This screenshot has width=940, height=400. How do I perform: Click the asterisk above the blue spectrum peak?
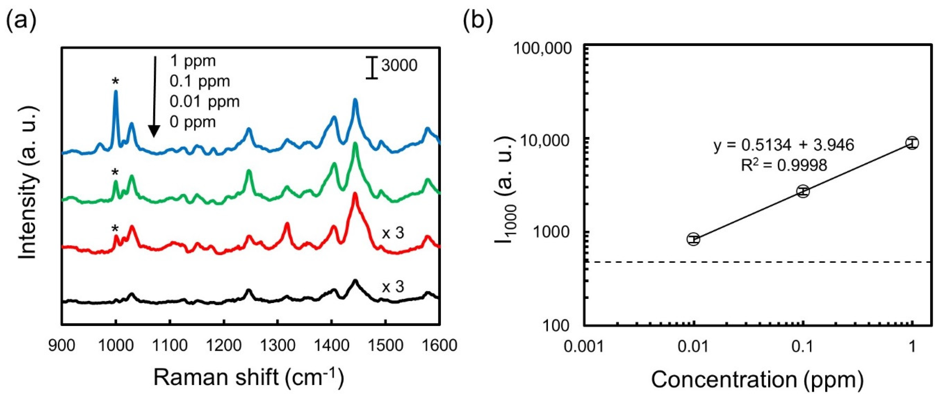pyautogui.click(x=115, y=81)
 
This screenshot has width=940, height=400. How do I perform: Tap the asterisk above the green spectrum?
pyautogui.click(x=115, y=172)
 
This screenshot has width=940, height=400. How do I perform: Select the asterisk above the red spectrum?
pyautogui.click(x=115, y=229)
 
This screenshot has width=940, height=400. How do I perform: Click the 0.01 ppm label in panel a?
pyautogui.click(x=204, y=102)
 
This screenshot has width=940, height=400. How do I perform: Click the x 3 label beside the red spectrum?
pyautogui.click(x=393, y=233)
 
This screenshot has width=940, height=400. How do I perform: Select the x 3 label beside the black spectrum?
pyautogui.click(x=393, y=287)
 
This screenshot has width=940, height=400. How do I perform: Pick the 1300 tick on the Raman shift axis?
pyautogui.click(x=278, y=345)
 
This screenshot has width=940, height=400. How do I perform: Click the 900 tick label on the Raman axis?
pyautogui.click(x=62, y=345)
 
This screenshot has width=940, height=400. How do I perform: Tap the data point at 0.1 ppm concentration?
pyautogui.click(x=803, y=191)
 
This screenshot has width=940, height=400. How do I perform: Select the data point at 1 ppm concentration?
pyautogui.click(x=912, y=143)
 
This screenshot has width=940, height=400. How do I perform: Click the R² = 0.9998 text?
pyautogui.click(x=784, y=165)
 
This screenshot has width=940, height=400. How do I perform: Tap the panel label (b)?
pyautogui.click(x=478, y=20)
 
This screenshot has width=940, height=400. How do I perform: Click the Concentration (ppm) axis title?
pyautogui.click(x=757, y=380)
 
